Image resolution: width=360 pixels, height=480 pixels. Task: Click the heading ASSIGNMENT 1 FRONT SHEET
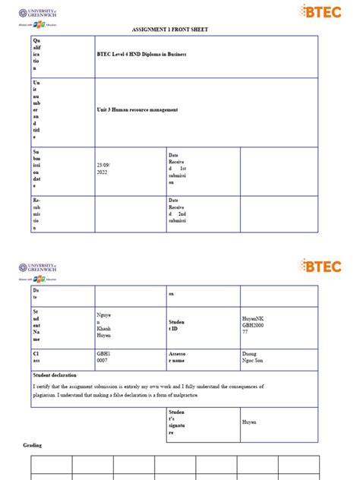179,29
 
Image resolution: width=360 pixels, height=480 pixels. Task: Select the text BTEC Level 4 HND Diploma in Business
141,55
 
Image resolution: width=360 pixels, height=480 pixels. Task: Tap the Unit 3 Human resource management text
137,110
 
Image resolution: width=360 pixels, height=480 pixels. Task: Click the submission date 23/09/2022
103,169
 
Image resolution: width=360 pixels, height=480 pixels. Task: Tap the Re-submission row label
38,214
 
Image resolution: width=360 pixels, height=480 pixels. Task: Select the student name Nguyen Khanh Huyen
104,324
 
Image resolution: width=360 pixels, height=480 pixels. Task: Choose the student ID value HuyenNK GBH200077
254,325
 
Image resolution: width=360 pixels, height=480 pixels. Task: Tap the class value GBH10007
104,357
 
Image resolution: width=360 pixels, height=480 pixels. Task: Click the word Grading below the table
33,445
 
